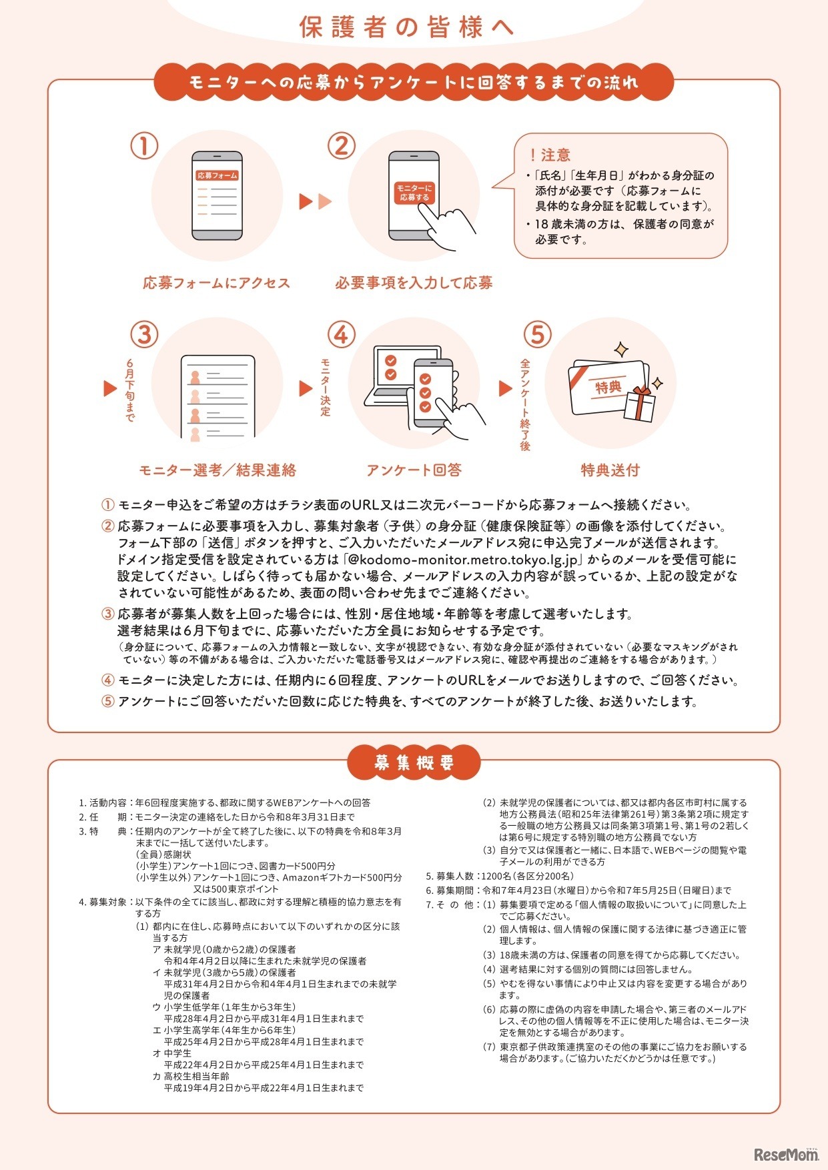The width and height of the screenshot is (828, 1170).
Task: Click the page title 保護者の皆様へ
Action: pos(406,27)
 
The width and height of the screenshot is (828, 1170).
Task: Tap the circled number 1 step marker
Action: pos(144,146)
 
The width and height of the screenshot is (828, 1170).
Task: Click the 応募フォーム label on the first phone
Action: pos(217,175)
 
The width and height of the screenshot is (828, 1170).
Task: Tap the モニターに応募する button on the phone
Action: pos(414,193)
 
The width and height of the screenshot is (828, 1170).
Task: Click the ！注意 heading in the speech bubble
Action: pos(550,155)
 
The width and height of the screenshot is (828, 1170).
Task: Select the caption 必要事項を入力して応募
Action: pos(414,283)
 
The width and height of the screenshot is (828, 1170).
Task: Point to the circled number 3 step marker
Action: pos(144,334)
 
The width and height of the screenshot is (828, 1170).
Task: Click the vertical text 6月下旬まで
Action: pos(130,390)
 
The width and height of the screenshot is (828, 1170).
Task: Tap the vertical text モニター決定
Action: pos(325,387)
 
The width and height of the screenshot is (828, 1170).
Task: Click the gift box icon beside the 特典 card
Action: pos(639,404)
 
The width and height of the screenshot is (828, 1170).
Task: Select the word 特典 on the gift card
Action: pos(608,387)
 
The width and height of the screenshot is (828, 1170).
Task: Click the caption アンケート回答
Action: pos(414,470)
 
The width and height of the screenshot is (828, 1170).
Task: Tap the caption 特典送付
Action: pos(610,470)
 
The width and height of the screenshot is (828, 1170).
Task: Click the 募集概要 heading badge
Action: pos(414,762)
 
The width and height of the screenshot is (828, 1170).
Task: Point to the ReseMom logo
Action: pos(786,1154)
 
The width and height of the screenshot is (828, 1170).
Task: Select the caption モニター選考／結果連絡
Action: pos(217,470)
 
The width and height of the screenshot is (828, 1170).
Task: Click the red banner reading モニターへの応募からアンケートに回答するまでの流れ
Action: pos(414,82)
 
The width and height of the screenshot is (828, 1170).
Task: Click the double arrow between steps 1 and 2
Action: pos(316,201)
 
